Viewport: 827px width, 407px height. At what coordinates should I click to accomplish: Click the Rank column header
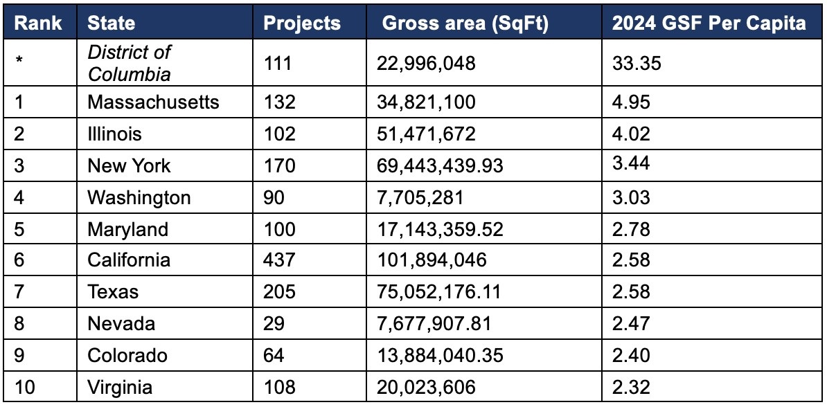pos(38,23)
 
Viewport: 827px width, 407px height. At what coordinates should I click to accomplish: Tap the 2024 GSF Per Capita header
pos(709,23)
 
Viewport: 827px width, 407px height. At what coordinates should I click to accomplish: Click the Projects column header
pos(302,23)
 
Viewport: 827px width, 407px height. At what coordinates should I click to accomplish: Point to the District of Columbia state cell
pos(129,62)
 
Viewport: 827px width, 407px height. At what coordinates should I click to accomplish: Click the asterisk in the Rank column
pos(19,61)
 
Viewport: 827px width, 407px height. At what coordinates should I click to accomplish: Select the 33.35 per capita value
pos(637,64)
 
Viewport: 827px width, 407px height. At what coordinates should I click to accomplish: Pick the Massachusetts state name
pos(153,102)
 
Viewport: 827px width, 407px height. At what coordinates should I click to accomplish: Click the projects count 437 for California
pos(279,260)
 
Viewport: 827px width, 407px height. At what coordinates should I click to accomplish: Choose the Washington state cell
pos(139,197)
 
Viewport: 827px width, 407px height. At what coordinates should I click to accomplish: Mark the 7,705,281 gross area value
pos(420,198)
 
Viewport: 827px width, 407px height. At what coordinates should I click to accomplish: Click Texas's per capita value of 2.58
pos(631,291)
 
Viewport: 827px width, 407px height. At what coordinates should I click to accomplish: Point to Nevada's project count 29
pos(274,323)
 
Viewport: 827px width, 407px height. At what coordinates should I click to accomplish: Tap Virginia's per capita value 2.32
pos(631,386)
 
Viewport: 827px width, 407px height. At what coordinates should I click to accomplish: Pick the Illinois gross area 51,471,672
pos(426,134)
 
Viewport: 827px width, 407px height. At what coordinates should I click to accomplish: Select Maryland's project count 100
pos(279,229)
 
